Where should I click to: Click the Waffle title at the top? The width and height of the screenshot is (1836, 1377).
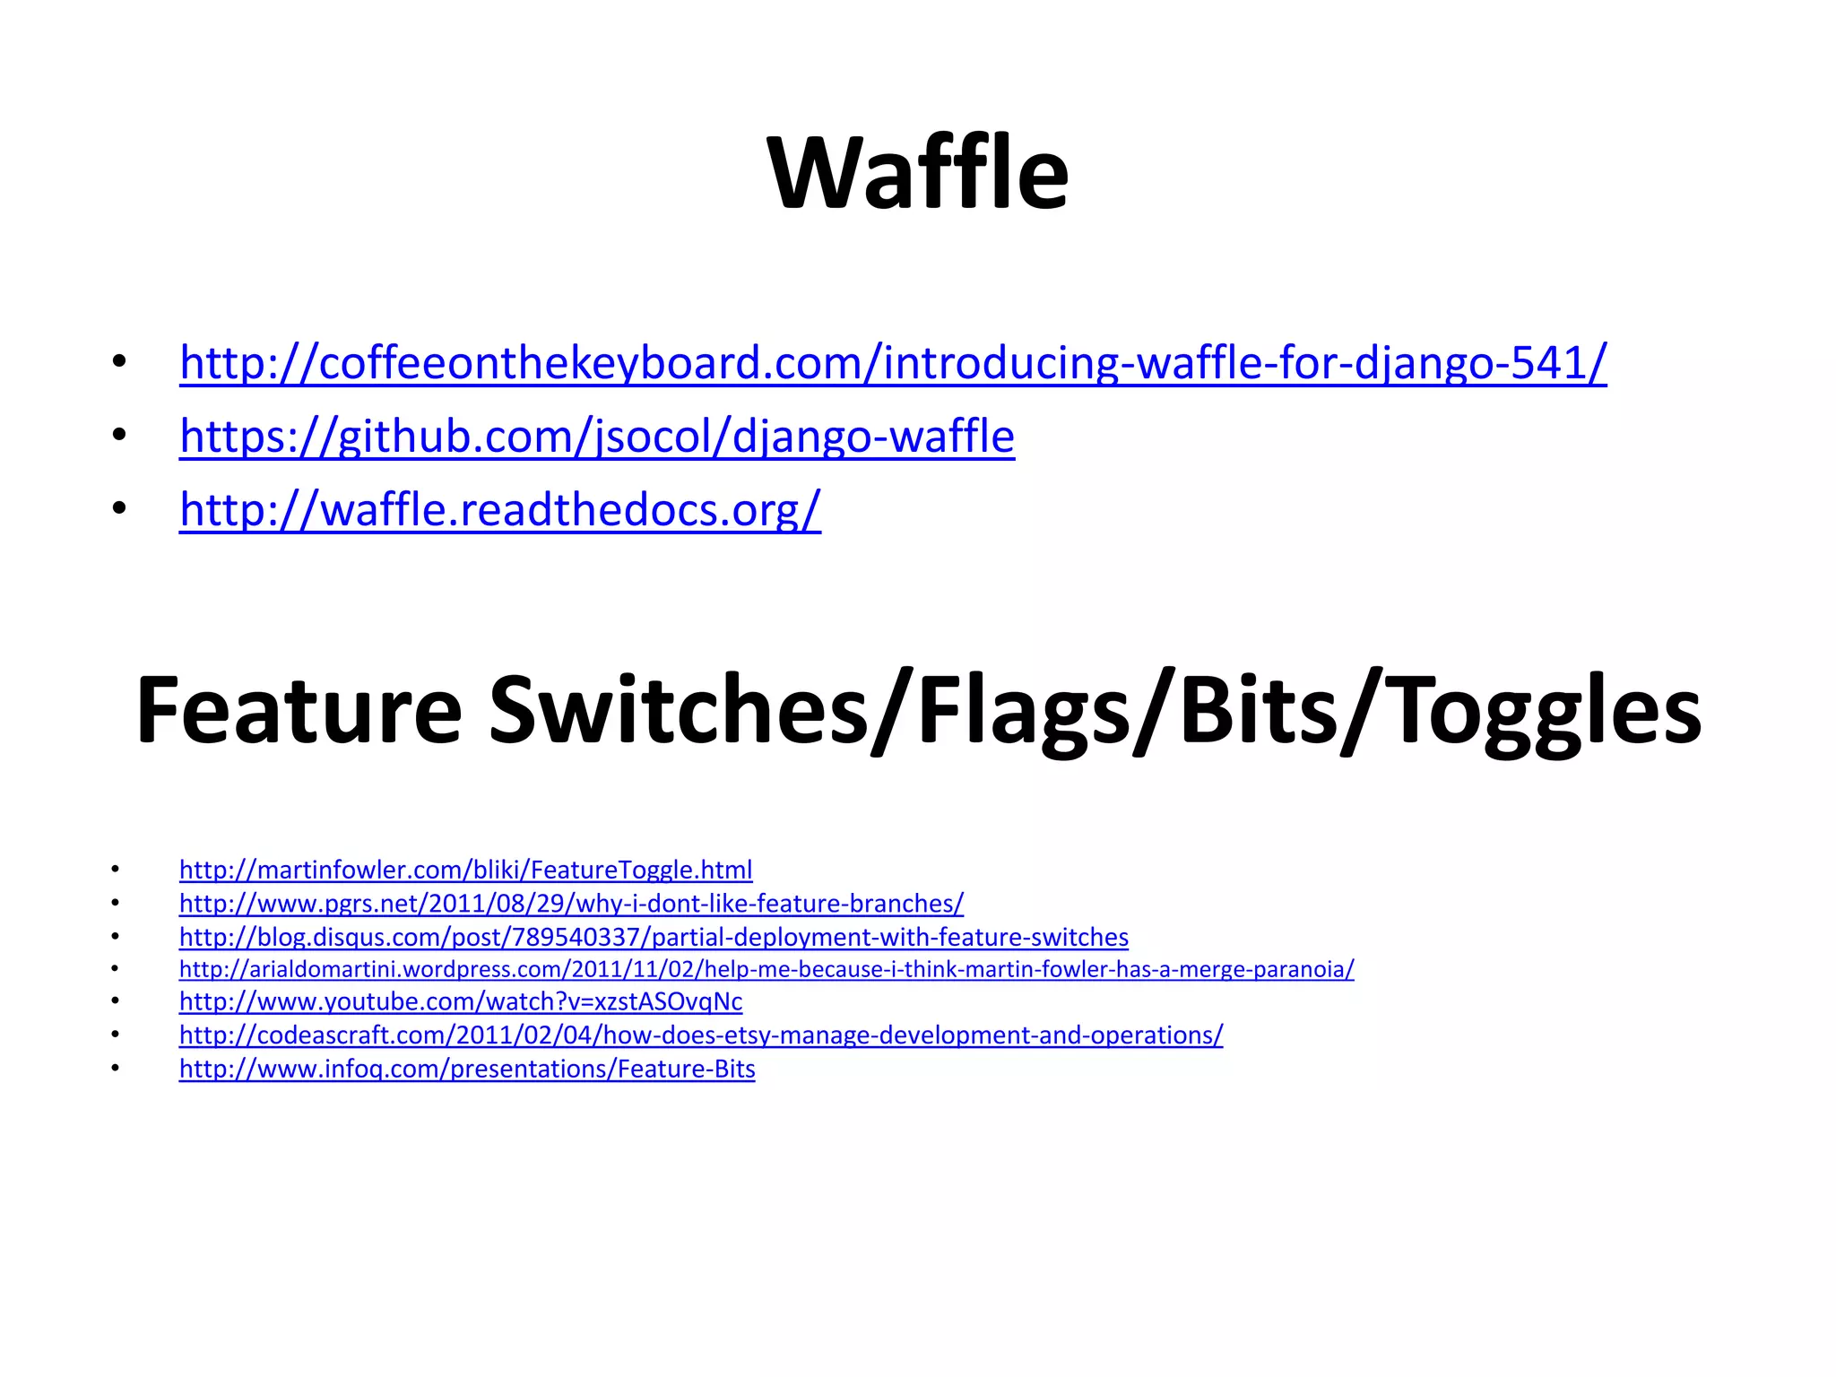pos(917,173)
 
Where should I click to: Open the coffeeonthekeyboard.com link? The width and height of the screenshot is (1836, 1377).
pos(892,363)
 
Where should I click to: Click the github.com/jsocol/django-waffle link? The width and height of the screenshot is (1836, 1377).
pos(596,437)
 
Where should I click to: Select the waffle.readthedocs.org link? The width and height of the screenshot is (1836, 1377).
pos(499,510)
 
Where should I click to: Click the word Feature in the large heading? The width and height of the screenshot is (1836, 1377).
pos(299,711)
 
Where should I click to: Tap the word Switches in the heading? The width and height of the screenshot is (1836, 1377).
pos(679,711)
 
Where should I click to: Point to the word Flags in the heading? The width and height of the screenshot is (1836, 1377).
pos(1023,711)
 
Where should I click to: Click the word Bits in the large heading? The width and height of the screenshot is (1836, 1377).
pos(1258,711)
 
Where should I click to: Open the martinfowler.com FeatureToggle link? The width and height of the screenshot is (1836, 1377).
pos(465,870)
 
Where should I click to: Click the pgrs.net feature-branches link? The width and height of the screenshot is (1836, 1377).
pos(571,903)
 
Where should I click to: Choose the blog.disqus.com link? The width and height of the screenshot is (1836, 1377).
pos(654,937)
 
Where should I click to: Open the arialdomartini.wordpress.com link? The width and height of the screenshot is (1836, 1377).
pos(766,969)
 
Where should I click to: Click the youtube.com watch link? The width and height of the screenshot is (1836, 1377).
pos(461,1001)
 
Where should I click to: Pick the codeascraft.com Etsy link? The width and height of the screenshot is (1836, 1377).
pos(700,1035)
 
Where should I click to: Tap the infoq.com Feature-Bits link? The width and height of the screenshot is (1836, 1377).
pos(467,1069)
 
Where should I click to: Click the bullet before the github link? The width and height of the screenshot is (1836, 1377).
pos(118,437)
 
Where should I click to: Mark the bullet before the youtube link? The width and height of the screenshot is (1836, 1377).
pos(115,1001)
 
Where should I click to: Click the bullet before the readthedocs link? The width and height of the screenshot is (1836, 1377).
pos(118,510)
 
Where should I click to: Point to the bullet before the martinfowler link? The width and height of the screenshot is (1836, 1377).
pos(115,870)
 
